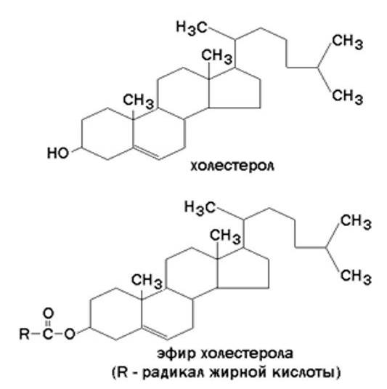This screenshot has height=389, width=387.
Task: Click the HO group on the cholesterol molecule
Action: (x=58, y=153)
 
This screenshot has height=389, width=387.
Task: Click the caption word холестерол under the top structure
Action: (x=232, y=166)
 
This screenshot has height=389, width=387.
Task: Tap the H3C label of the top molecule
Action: (x=191, y=28)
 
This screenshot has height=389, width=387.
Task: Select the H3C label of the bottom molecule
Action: (x=200, y=207)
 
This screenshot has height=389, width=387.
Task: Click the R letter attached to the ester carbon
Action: (x=25, y=334)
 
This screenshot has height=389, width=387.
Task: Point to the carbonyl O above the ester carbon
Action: (x=48, y=313)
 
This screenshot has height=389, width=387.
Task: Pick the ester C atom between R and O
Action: (x=48, y=334)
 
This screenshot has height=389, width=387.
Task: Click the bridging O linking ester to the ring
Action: (x=70, y=334)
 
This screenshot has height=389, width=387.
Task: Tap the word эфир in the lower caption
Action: (x=176, y=354)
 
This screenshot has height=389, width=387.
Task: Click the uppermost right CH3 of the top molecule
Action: (x=347, y=41)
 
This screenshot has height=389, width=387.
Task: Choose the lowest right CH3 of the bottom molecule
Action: (x=356, y=276)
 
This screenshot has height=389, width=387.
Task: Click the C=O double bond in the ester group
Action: (x=48, y=324)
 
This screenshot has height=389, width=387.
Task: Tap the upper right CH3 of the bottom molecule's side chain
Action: (x=356, y=221)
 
